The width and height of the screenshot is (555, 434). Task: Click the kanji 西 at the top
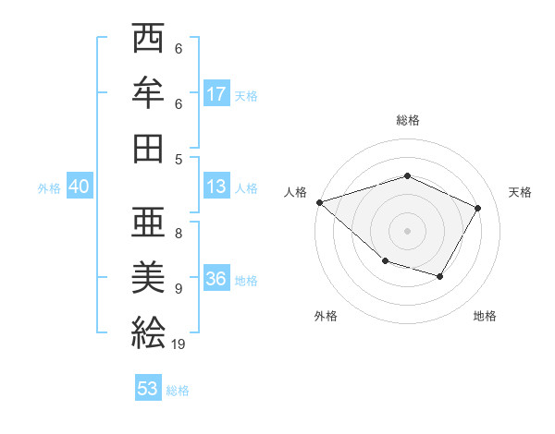click(148, 40)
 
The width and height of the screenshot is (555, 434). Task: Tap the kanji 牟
click(148, 92)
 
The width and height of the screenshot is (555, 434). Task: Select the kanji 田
click(148, 146)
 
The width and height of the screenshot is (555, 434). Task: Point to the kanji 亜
click(148, 224)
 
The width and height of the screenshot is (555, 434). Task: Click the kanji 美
click(148, 277)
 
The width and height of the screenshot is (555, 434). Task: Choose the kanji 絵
click(148, 331)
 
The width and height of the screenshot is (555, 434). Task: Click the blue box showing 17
click(216, 93)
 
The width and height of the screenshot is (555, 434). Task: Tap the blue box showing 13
click(216, 187)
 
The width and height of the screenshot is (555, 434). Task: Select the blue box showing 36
click(216, 279)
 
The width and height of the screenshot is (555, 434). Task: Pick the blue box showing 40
click(80, 187)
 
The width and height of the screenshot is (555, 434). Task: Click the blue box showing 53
click(148, 389)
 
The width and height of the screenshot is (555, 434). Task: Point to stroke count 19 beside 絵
click(179, 344)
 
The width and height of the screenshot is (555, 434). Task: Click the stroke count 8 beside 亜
click(179, 234)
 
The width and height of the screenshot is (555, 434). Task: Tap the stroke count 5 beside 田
click(179, 159)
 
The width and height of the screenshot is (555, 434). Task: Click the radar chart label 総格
click(408, 120)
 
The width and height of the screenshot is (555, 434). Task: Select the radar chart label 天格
click(520, 192)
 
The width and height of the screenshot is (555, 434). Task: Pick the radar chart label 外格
click(326, 317)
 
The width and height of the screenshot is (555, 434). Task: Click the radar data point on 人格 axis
click(319, 201)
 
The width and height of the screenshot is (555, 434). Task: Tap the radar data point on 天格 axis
click(477, 208)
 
